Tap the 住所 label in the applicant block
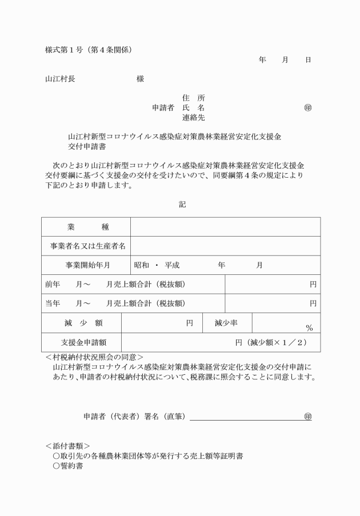pyautogui.click(x=193, y=98)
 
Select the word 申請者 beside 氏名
pyautogui.click(x=163, y=107)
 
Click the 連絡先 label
pyautogui.click(x=193, y=118)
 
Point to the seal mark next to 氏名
pyautogui.click(x=308, y=107)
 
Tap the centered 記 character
pyautogui.click(x=182, y=204)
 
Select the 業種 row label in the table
pyautogui.click(x=86, y=227)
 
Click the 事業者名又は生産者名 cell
pyautogui.click(x=86, y=246)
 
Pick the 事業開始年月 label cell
pyautogui.click(x=86, y=265)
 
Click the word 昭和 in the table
pyautogui.click(x=142, y=265)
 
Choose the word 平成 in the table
pyautogui.click(x=172, y=265)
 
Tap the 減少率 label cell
pyautogui.click(x=226, y=323)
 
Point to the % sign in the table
pyautogui.click(x=309, y=328)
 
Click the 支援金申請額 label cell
pyautogui.click(x=83, y=342)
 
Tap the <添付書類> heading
pyautogui.click(x=67, y=445)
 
